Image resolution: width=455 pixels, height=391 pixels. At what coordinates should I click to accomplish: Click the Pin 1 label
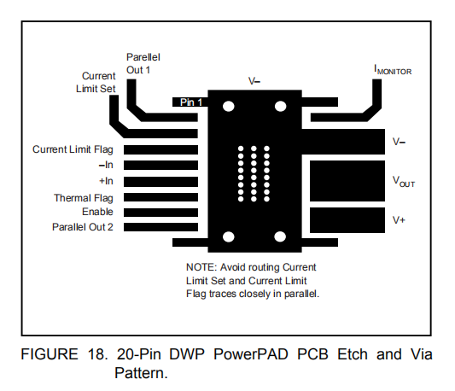click(x=191, y=102)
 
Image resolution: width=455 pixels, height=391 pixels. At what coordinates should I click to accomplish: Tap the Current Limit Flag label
click(x=73, y=149)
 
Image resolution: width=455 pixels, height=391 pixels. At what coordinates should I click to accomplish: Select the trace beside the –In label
click(x=160, y=165)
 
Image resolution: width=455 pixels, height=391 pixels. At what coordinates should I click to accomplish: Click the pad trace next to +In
click(x=160, y=182)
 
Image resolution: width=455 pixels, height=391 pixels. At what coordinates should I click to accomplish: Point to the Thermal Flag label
click(x=84, y=198)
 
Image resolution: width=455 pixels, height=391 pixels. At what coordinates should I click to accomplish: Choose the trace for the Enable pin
click(x=160, y=213)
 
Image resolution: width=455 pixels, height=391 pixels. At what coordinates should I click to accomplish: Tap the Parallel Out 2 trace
click(x=160, y=227)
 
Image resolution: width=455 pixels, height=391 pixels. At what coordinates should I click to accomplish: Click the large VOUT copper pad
click(x=347, y=181)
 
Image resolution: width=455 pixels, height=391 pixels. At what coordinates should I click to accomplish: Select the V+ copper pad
click(x=347, y=220)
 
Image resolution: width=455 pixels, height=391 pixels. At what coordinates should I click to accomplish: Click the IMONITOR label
click(x=393, y=70)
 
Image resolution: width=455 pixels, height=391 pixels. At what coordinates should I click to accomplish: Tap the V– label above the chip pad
click(x=254, y=81)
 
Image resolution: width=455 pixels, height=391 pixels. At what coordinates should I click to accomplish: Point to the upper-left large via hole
click(x=229, y=106)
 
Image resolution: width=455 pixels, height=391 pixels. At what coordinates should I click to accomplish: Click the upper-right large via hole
click(x=280, y=106)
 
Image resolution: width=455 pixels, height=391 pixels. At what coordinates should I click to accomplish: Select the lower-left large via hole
click(x=229, y=236)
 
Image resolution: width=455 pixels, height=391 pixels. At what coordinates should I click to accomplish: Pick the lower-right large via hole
click(x=280, y=236)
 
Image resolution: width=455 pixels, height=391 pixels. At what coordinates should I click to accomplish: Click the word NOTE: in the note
click(x=201, y=267)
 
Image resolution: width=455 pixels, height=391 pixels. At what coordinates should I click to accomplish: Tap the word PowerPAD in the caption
click(x=251, y=354)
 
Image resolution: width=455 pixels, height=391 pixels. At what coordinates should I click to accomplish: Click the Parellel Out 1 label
click(x=143, y=63)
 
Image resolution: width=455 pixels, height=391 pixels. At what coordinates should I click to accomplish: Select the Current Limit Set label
click(x=96, y=82)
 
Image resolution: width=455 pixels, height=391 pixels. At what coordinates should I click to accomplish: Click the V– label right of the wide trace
click(x=399, y=142)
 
